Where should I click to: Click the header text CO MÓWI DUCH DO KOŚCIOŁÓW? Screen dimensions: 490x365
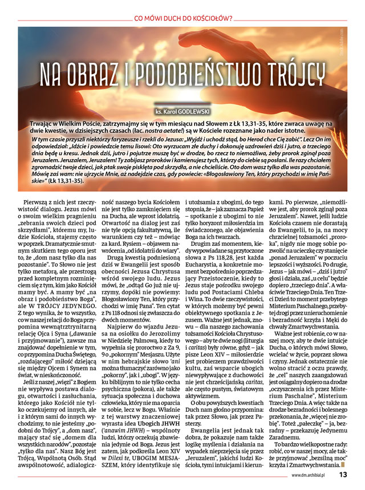[x=182, y=17]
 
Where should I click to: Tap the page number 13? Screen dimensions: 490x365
[x=344, y=473]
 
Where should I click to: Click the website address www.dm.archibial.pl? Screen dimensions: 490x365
[x=311, y=474]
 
